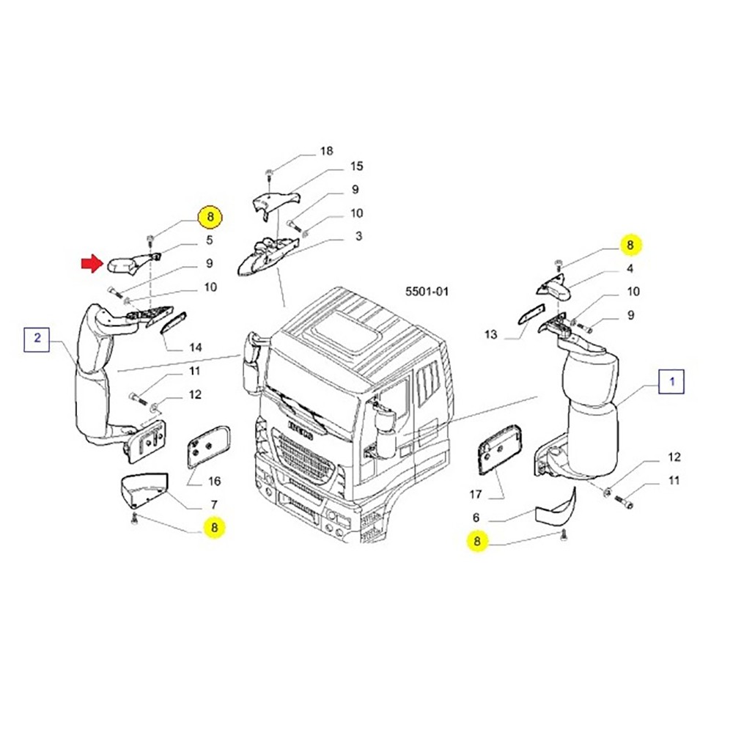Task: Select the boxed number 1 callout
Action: pos(673,382)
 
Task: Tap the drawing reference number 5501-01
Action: pos(426,291)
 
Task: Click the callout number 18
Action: pos(326,151)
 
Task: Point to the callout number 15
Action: pos(356,166)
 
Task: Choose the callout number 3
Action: pos(358,236)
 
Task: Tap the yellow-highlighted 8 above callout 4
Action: pos(631,244)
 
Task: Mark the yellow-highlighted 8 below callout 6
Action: pos(478,542)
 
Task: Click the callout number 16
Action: pos(214,482)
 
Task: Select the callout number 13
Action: pos(490,334)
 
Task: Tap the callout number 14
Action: pos(195,347)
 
